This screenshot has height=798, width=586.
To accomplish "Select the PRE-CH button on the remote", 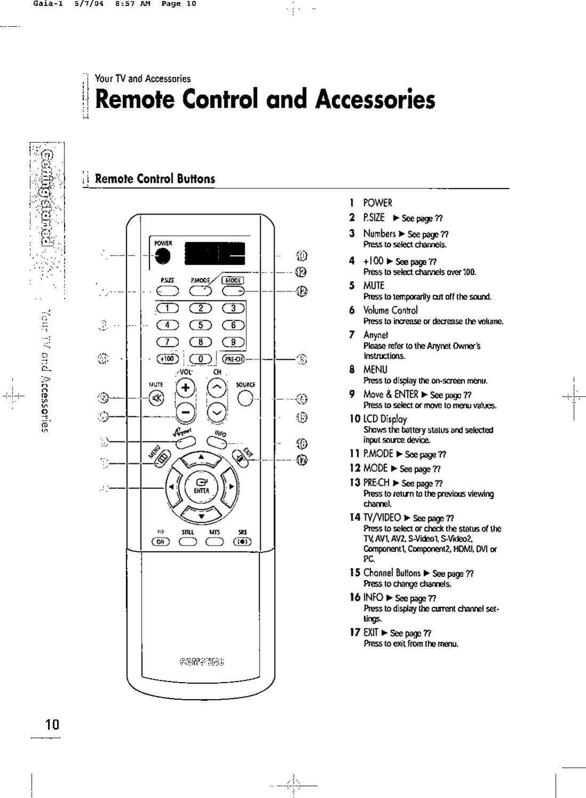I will (x=233, y=359).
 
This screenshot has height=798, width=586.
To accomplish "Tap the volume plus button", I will (x=185, y=388).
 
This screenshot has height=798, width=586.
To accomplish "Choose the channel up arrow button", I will (x=216, y=388).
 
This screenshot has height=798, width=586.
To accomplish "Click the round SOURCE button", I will (x=245, y=398).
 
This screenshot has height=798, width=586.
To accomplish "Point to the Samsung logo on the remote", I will (x=202, y=663).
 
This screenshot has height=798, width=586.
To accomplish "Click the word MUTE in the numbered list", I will (x=374, y=286).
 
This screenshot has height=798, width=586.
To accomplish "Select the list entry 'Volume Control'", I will (x=390, y=310).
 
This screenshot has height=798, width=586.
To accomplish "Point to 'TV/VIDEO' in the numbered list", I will (x=382, y=518).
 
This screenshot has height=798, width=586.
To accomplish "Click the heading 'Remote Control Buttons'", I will (x=155, y=179).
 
